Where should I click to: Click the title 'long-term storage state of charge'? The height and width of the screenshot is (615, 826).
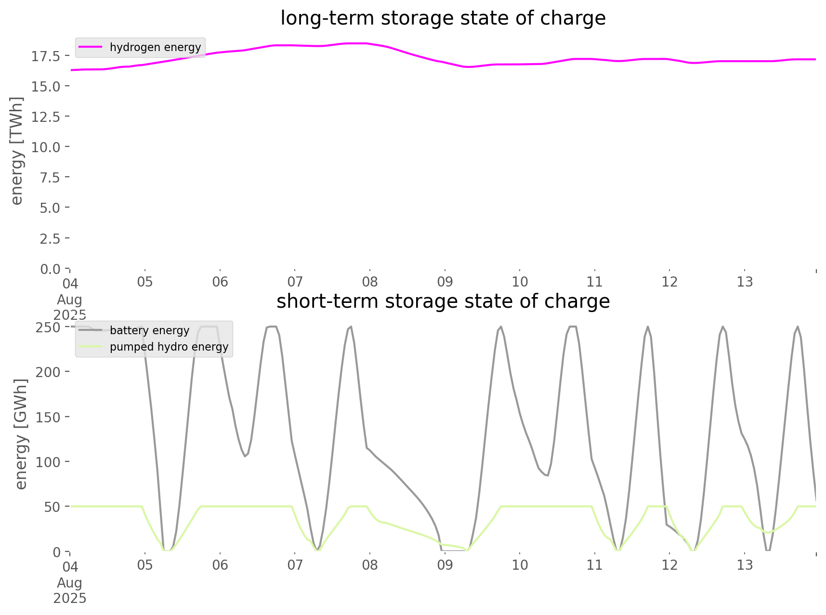(x=443, y=18)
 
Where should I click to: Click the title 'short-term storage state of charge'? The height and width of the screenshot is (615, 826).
(x=443, y=301)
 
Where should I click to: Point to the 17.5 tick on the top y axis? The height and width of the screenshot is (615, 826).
(x=46, y=56)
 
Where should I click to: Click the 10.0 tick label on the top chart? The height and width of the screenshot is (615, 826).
(x=46, y=147)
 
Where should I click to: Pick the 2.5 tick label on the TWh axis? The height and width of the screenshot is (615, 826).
(x=50, y=238)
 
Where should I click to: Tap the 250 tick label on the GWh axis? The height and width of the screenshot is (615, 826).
(x=48, y=327)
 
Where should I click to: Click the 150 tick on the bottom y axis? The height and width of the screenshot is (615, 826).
(x=48, y=417)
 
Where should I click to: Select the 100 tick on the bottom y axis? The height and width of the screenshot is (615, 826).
(x=48, y=462)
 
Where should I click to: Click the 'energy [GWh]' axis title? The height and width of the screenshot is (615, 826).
(x=21, y=434)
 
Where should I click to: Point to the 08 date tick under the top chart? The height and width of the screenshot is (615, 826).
(x=370, y=282)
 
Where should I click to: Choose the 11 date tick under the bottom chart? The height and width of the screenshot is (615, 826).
(x=595, y=565)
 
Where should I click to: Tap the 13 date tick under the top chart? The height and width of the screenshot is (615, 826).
(x=745, y=282)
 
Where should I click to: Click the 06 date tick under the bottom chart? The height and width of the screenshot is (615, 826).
(x=220, y=565)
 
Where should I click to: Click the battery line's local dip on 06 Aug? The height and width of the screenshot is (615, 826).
(x=245, y=456)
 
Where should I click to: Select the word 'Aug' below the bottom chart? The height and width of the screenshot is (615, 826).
(x=70, y=583)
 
